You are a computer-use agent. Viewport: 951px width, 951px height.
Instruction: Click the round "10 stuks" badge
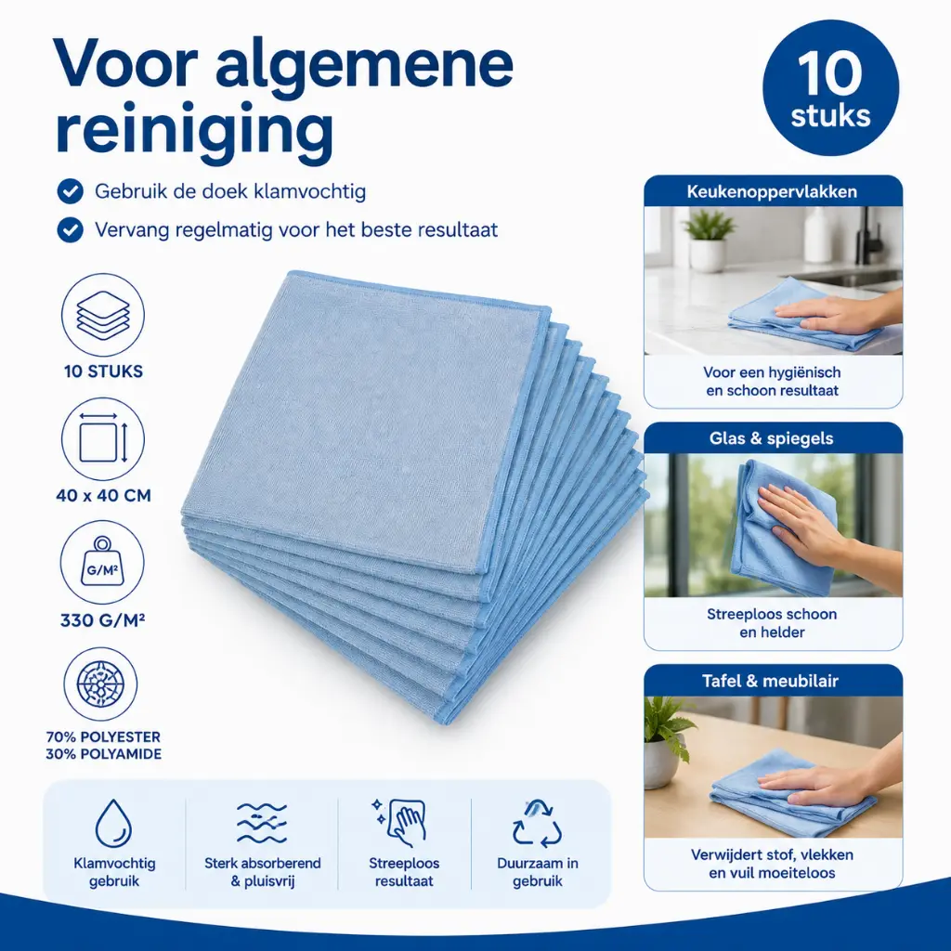830,88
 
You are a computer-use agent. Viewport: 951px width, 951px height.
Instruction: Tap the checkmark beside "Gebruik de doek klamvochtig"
71,191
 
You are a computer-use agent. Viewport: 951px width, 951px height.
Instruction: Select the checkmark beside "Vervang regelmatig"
71,230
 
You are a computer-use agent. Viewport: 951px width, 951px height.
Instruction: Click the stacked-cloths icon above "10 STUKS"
103,315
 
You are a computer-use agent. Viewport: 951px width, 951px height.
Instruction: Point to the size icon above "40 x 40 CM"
103,439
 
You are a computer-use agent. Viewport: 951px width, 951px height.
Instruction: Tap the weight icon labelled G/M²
102,562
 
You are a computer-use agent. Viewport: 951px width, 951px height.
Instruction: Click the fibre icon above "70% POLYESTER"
100,684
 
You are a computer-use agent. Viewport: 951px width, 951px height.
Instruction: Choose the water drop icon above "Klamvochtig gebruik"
113,823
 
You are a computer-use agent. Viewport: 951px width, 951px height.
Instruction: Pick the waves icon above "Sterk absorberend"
261,823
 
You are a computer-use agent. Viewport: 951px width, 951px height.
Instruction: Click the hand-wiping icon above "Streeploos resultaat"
400,822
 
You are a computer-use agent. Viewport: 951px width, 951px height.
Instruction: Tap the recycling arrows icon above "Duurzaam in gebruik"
537,824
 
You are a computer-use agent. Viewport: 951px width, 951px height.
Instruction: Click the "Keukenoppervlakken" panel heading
772,192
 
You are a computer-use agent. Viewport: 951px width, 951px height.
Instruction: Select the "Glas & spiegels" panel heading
772,438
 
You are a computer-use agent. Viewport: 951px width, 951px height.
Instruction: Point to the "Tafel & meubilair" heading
770,681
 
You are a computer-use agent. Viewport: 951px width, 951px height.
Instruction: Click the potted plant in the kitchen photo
708,241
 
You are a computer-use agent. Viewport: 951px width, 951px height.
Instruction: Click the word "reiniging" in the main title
195,129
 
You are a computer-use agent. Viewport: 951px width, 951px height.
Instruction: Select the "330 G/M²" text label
102,620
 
